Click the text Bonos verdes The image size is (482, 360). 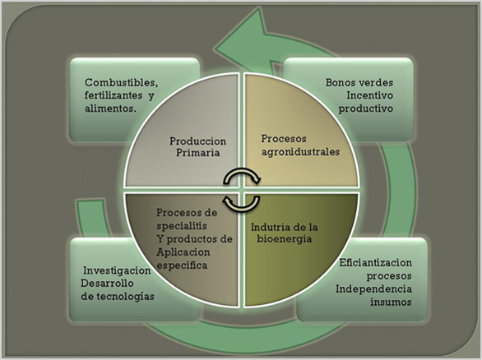tap(360, 83)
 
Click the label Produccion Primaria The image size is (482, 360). tap(197, 145)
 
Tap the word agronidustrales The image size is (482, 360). tap(299, 151)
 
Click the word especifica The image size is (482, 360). tap(183, 265)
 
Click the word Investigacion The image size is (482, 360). tap(117, 270)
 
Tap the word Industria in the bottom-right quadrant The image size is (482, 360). tap(271, 226)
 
